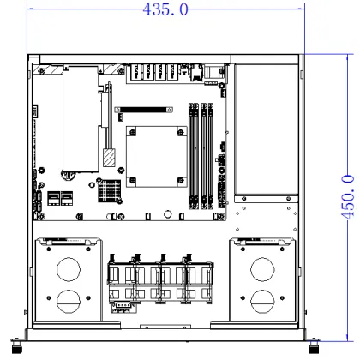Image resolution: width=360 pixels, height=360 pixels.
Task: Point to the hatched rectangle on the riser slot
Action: [108, 158]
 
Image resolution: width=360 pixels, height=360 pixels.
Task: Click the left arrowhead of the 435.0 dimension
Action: [31, 9]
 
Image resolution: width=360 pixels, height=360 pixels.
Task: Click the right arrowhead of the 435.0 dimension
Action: [301, 9]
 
